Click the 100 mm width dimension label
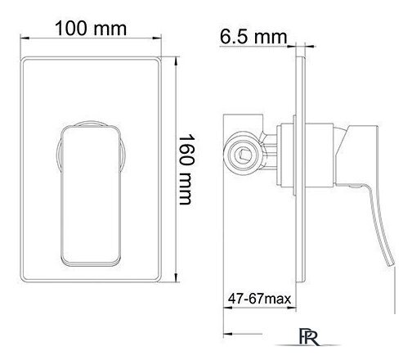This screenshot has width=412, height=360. click(91, 29)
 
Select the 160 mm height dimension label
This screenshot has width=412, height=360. click(186, 169)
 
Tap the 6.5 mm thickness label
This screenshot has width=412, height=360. click(253, 37)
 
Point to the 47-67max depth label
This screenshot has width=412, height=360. click(259, 299)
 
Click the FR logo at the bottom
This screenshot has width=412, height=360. click(309, 337)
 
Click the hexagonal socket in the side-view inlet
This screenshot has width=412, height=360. click(243, 155)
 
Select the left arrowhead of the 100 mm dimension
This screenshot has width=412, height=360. click(25, 38)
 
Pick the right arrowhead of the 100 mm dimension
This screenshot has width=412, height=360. click(157, 38)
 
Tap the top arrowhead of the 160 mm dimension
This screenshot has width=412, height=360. click(177, 61)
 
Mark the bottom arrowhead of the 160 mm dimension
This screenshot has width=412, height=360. click(177, 277)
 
